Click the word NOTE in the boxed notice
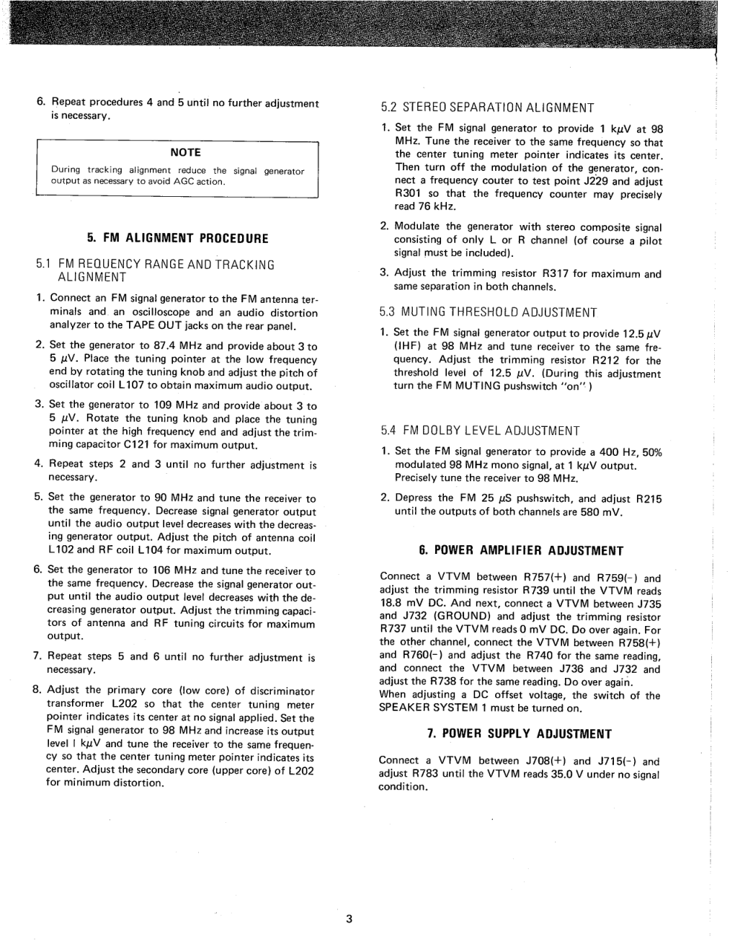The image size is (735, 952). click(x=185, y=152)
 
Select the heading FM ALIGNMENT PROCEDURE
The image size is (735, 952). click(x=177, y=238)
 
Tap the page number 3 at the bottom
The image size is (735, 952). click(x=349, y=918)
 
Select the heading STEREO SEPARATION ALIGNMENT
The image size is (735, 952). click(x=487, y=108)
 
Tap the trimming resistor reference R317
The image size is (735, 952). click(x=556, y=274)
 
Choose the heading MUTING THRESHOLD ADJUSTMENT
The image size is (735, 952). click(x=489, y=312)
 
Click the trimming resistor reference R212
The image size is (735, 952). click(x=607, y=360)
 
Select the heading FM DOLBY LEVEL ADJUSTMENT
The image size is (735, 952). click(x=481, y=431)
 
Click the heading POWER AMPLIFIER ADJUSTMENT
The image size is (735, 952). click(x=521, y=551)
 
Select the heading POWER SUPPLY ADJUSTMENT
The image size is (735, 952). click(x=520, y=734)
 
